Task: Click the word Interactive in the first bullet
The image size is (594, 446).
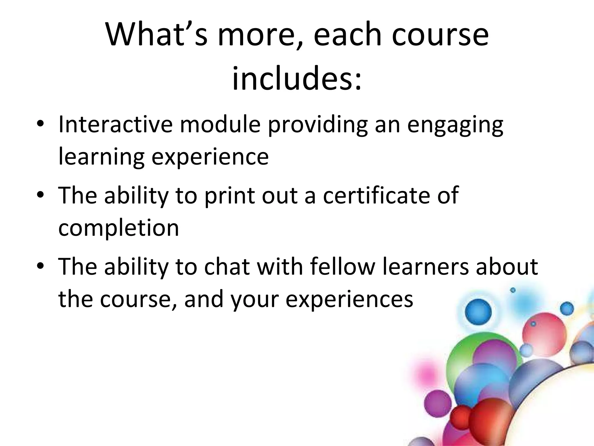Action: (115, 124)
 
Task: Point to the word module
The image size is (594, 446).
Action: (220, 124)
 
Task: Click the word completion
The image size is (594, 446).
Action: (119, 228)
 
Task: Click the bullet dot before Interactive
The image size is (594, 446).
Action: (40, 125)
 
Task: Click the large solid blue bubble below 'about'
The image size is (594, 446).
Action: (478, 312)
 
